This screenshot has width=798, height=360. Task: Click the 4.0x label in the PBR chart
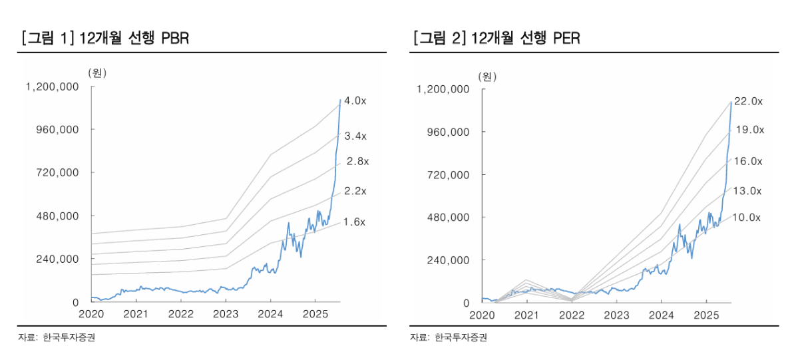[355, 100]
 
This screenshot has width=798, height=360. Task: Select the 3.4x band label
[355, 136]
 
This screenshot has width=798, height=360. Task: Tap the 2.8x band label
[357, 161]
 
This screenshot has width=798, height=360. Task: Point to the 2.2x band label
[355, 191]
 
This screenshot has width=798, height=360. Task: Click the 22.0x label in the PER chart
[747, 101]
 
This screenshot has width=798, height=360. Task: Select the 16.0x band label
[747, 161]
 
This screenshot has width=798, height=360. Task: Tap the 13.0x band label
[747, 190]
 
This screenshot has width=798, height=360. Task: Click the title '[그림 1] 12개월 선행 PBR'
[105, 38]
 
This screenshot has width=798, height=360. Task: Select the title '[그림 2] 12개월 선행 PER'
[497, 38]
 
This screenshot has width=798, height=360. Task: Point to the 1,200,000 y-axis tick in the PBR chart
[52, 87]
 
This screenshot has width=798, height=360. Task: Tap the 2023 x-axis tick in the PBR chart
[226, 314]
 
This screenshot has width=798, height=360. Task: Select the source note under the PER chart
[449, 338]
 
